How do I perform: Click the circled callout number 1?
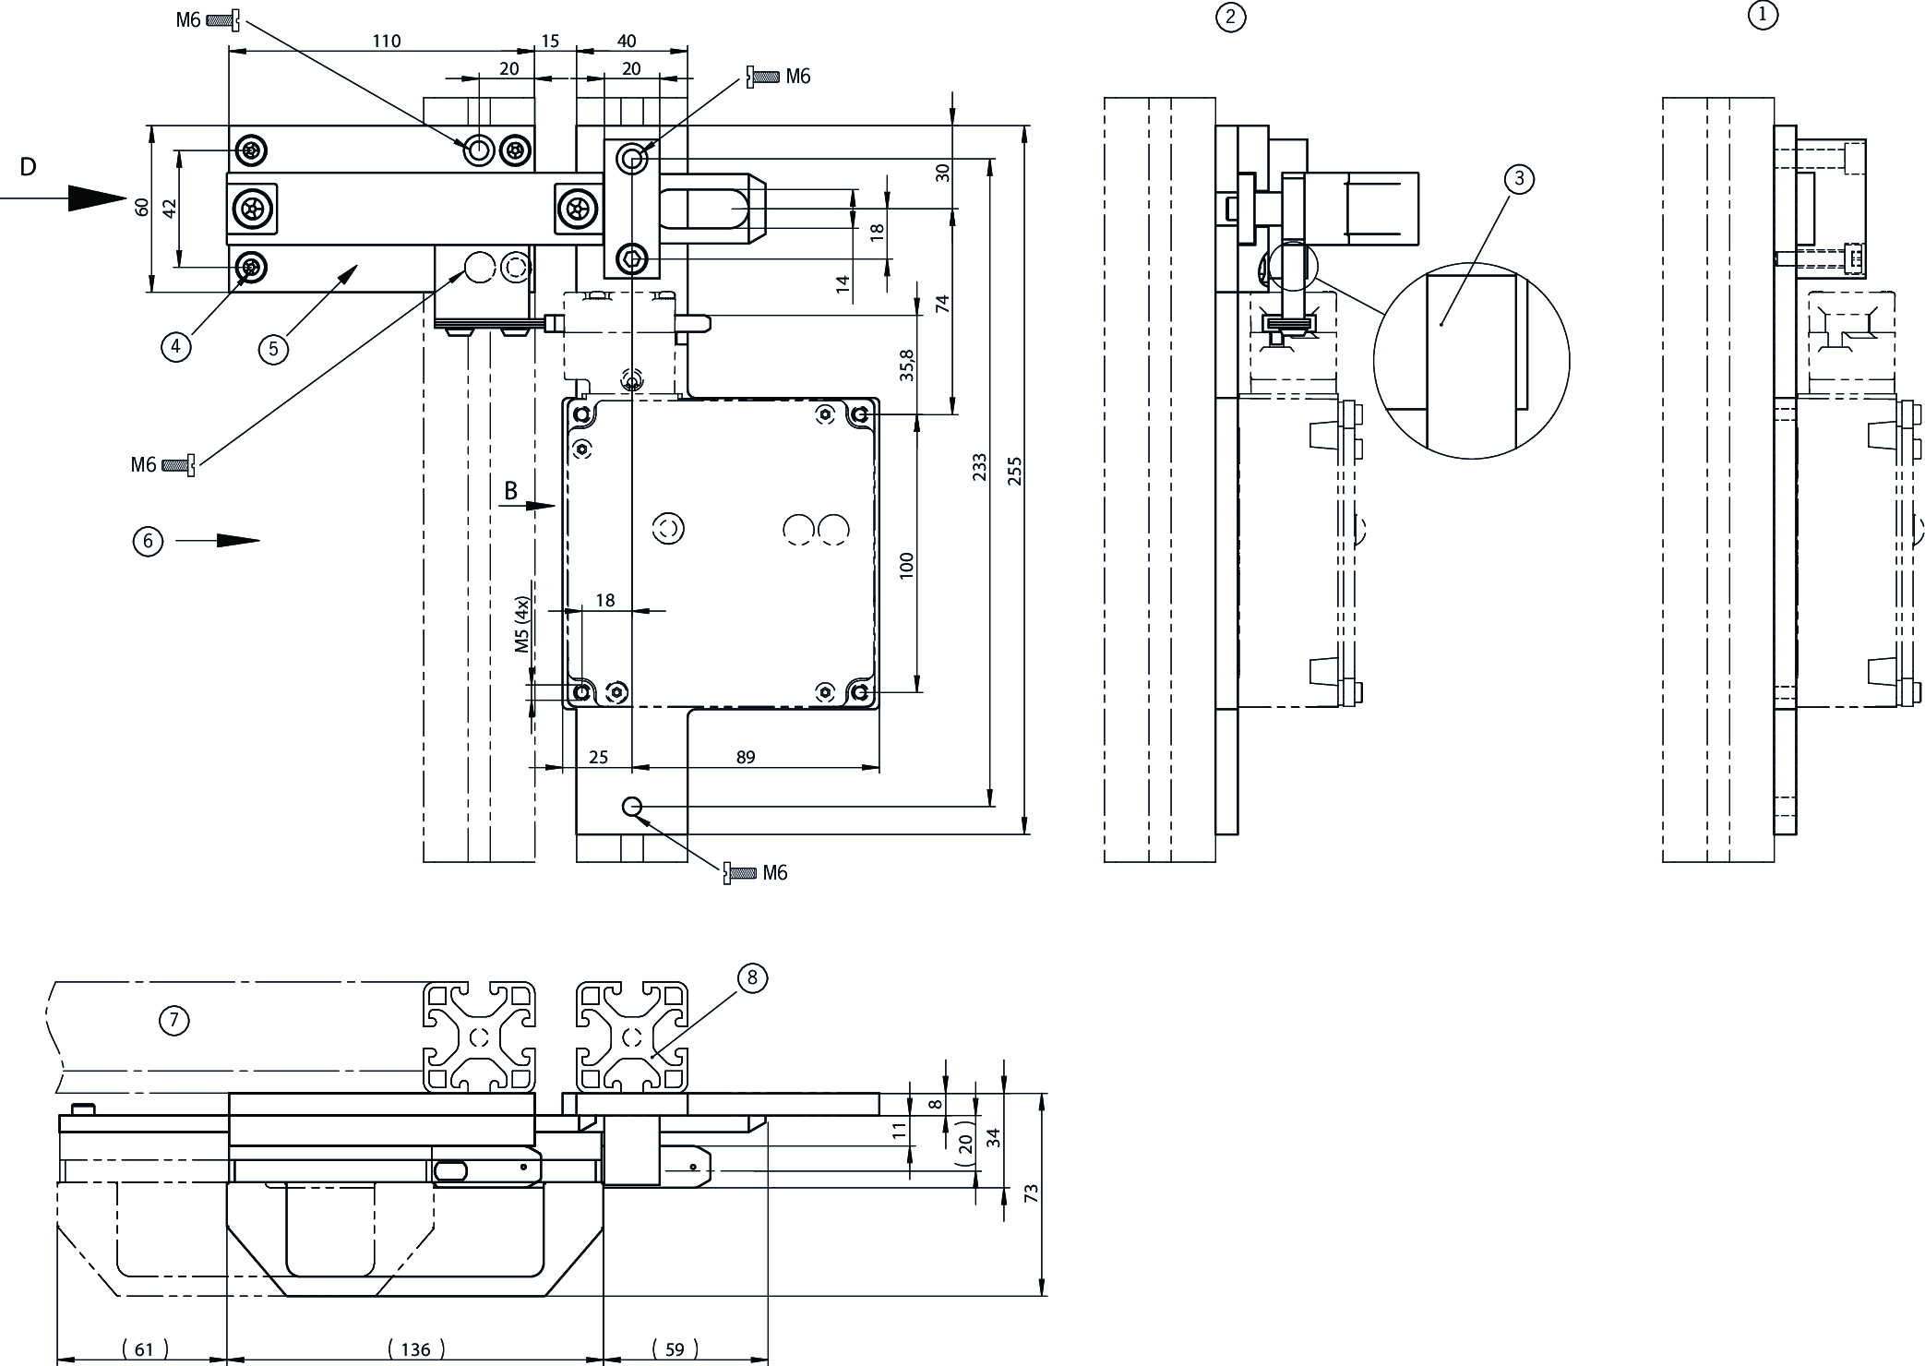point(1763,16)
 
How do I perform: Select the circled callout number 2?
point(1230,18)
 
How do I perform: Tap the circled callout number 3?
point(1519,179)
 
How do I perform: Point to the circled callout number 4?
point(175,347)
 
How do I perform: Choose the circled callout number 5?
point(273,349)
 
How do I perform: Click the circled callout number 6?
point(148,541)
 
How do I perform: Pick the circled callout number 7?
point(173,1020)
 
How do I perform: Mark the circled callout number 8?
point(752,977)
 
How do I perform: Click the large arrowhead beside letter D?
point(97,198)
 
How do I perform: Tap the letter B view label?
point(510,491)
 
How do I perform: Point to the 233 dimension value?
point(980,467)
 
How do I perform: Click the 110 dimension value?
point(387,41)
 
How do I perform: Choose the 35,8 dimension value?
point(907,365)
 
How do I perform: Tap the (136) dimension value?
point(416,1349)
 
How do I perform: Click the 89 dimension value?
point(746,757)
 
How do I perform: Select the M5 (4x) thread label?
point(523,625)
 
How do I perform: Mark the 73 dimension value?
point(1032,1193)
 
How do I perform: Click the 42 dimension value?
point(169,209)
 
